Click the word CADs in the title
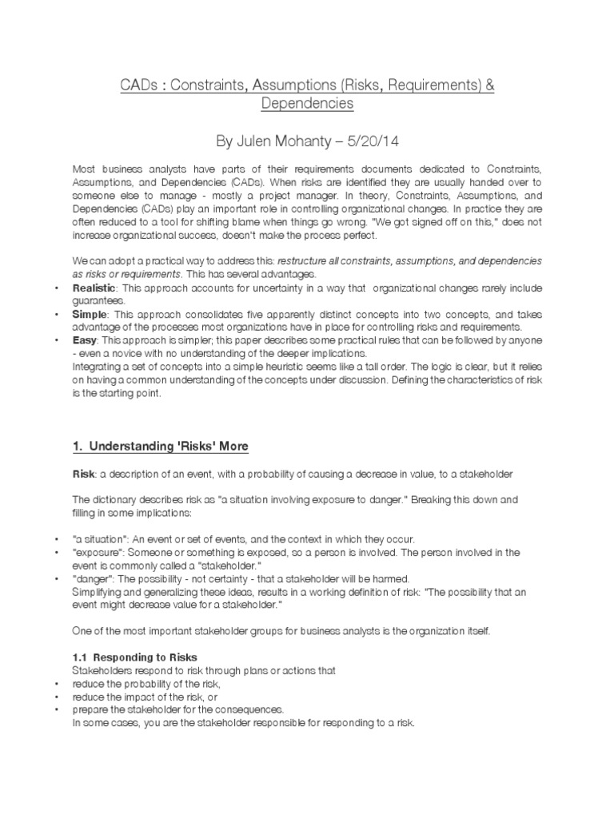coord(138,85)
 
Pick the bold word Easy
coord(86,340)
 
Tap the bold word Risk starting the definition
coord(84,473)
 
